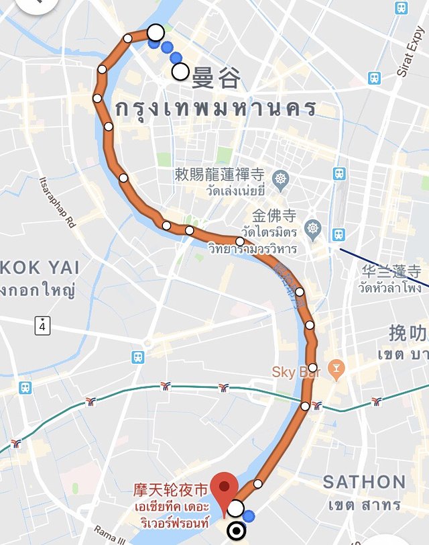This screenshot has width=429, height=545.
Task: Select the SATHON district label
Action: (x=364, y=482)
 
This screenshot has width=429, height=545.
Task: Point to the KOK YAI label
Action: (x=40, y=267)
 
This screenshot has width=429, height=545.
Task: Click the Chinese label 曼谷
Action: (x=216, y=79)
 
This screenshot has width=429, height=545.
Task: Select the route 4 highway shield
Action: (x=44, y=326)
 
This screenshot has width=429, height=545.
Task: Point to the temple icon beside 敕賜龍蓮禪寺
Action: (x=280, y=179)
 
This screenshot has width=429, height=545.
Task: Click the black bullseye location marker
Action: (x=236, y=532)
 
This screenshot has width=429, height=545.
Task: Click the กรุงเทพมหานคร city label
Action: (x=215, y=108)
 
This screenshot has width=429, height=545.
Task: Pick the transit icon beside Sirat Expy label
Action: (x=374, y=79)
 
